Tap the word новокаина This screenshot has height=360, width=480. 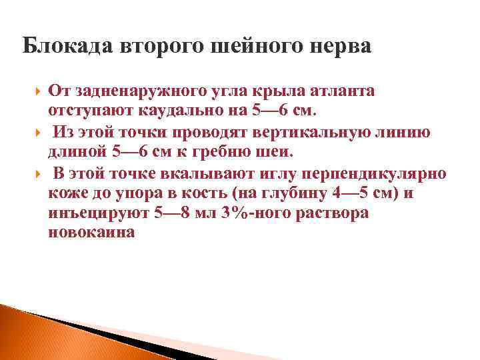pos(92,232)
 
